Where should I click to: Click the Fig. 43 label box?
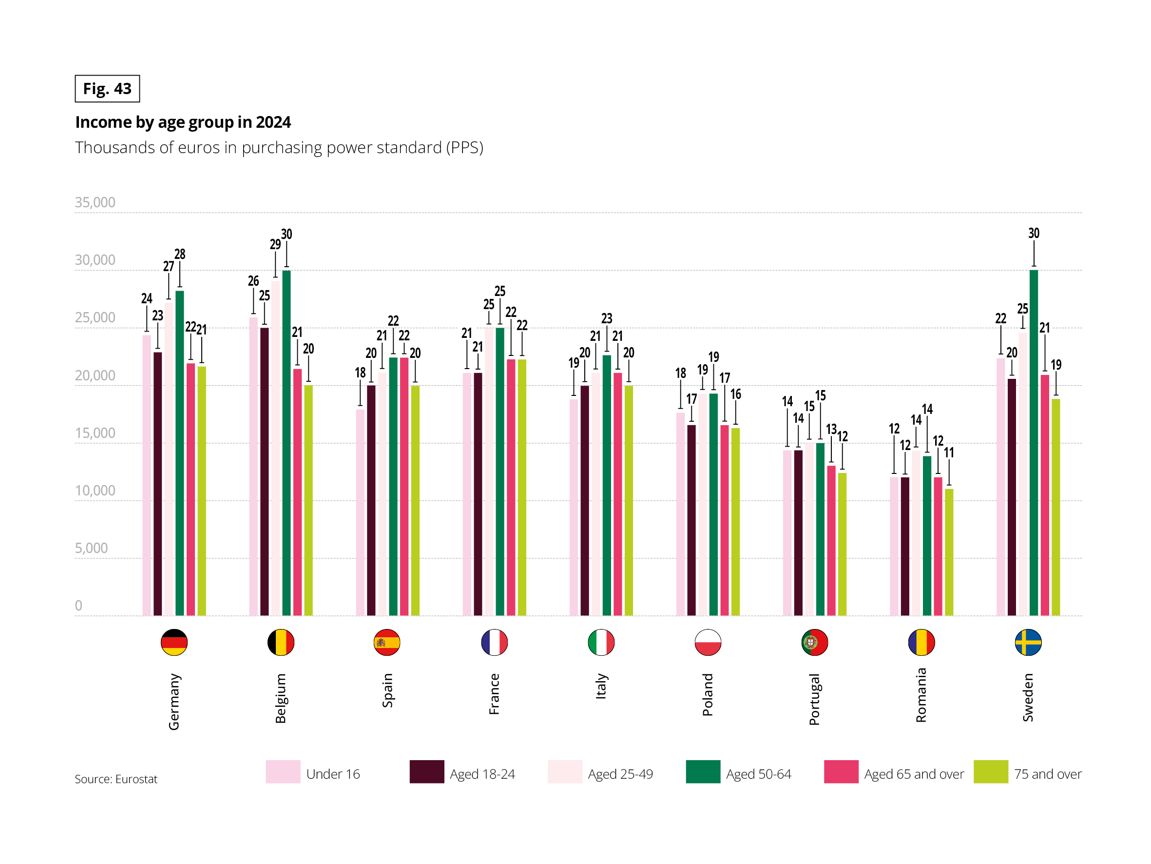click(x=107, y=89)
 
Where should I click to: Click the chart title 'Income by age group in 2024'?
click(x=183, y=122)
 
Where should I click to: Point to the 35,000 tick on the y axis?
click(x=95, y=202)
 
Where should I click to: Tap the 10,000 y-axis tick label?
click(x=95, y=491)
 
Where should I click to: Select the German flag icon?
click(x=174, y=642)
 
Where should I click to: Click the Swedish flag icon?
click(x=1028, y=642)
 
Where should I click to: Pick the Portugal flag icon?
click(x=814, y=642)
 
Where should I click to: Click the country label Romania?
click(x=921, y=695)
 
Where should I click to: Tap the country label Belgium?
click(x=281, y=698)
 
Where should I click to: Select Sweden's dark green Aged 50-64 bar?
click(x=1034, y=443)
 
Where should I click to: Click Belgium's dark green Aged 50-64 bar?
click(x=286, y=443)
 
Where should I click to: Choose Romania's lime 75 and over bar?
click(x=949, y=552)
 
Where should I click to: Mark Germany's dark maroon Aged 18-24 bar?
click(x=158, y=484)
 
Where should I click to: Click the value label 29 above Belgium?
click(x=275, y=244)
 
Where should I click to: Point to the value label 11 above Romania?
click(x=949, y=452)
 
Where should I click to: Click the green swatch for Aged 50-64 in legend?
click(x=703, y=771)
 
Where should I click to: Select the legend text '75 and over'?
click(x=1048, y=774)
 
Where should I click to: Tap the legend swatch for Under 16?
click(x=283, y=771)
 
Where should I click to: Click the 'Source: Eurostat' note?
click(x=115, y=779)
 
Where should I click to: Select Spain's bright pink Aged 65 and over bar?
click(x=404, y=487)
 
